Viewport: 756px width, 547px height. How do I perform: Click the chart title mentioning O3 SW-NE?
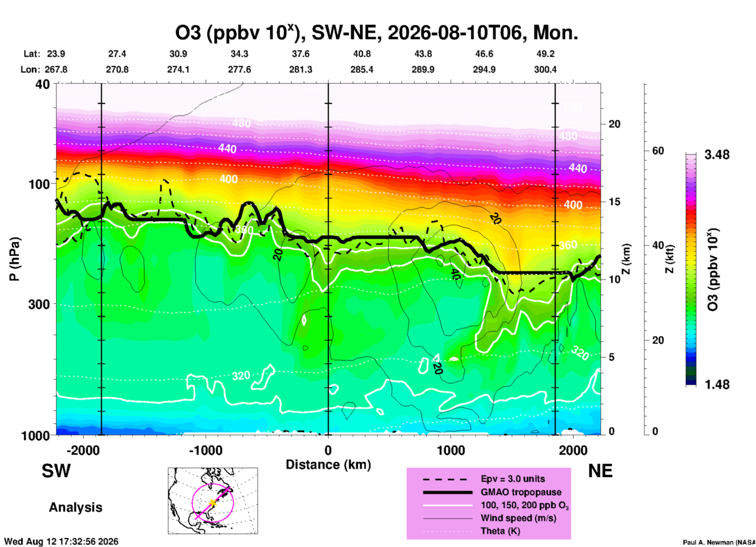[376, 32]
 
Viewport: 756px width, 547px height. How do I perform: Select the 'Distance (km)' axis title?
[328, 465]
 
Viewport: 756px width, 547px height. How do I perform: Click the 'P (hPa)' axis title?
[15, 259]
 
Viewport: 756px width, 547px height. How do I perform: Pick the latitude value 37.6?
[301, 54]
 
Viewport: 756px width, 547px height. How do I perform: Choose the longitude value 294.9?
[484, 69]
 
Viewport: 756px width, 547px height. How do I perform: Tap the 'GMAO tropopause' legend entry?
[521, 492]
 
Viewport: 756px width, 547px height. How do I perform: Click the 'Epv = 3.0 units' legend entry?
[513, 479]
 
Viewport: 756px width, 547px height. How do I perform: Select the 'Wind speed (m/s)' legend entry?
[518, 518]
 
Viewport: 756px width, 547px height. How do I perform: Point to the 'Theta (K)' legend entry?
[500, 531]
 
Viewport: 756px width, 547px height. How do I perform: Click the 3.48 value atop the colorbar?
[717, 155]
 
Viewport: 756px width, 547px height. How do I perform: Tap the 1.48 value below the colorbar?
[717, 384]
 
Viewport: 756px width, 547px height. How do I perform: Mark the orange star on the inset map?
[212, 503]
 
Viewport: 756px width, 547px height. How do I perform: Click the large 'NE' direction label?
[600, 471]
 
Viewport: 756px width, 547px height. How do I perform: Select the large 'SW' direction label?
[56, 471]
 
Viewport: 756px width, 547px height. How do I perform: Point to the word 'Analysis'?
[75, 507]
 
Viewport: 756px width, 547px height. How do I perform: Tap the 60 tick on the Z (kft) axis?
[658, 151]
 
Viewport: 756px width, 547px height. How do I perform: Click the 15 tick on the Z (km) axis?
[614, 202]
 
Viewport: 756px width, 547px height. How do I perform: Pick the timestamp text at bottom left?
[61, 542]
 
